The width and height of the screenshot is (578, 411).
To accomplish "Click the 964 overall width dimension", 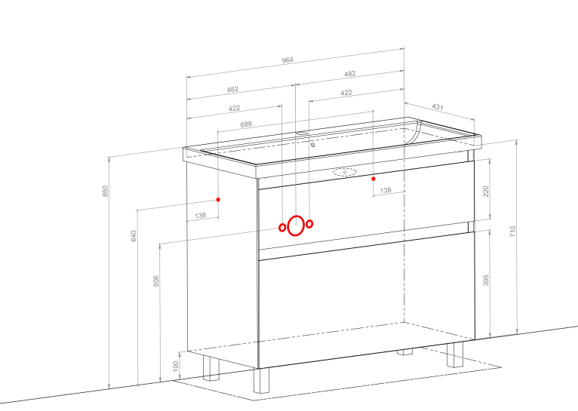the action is (x=287, y=60).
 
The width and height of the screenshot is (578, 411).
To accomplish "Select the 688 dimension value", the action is (x=246, y=124).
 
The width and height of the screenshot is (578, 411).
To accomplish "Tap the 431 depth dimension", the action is (x=437, y=107).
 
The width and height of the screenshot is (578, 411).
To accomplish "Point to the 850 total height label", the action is (x=106, y=191).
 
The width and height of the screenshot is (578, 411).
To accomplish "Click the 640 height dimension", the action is (x=134, y=236).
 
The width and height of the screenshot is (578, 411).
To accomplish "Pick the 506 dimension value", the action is (x=156, y=281).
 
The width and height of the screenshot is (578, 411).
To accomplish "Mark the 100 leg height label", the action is (x=176, y=366).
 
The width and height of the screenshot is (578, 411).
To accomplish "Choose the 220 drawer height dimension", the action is (x=485, y=192).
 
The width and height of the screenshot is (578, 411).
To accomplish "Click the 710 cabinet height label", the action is (x=513, y=232).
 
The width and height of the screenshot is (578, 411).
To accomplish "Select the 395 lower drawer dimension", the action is (x=485, y=280).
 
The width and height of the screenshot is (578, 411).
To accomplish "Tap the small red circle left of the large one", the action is (x=282, y=228).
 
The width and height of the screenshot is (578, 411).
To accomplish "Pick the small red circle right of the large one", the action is (x=309, y=223).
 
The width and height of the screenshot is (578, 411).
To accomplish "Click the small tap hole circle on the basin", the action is (x=312, y=145).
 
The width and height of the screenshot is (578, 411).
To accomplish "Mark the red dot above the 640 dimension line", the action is (x=218, y=200).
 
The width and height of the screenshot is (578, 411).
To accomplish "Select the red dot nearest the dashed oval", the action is (x=374, y=179).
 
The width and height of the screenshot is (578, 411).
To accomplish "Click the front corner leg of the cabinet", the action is (x=261, y=380).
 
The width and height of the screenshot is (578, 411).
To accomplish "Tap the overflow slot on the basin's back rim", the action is (x=302, y=133).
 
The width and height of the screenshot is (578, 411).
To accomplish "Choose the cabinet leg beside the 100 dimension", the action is (x=211, y=368).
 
